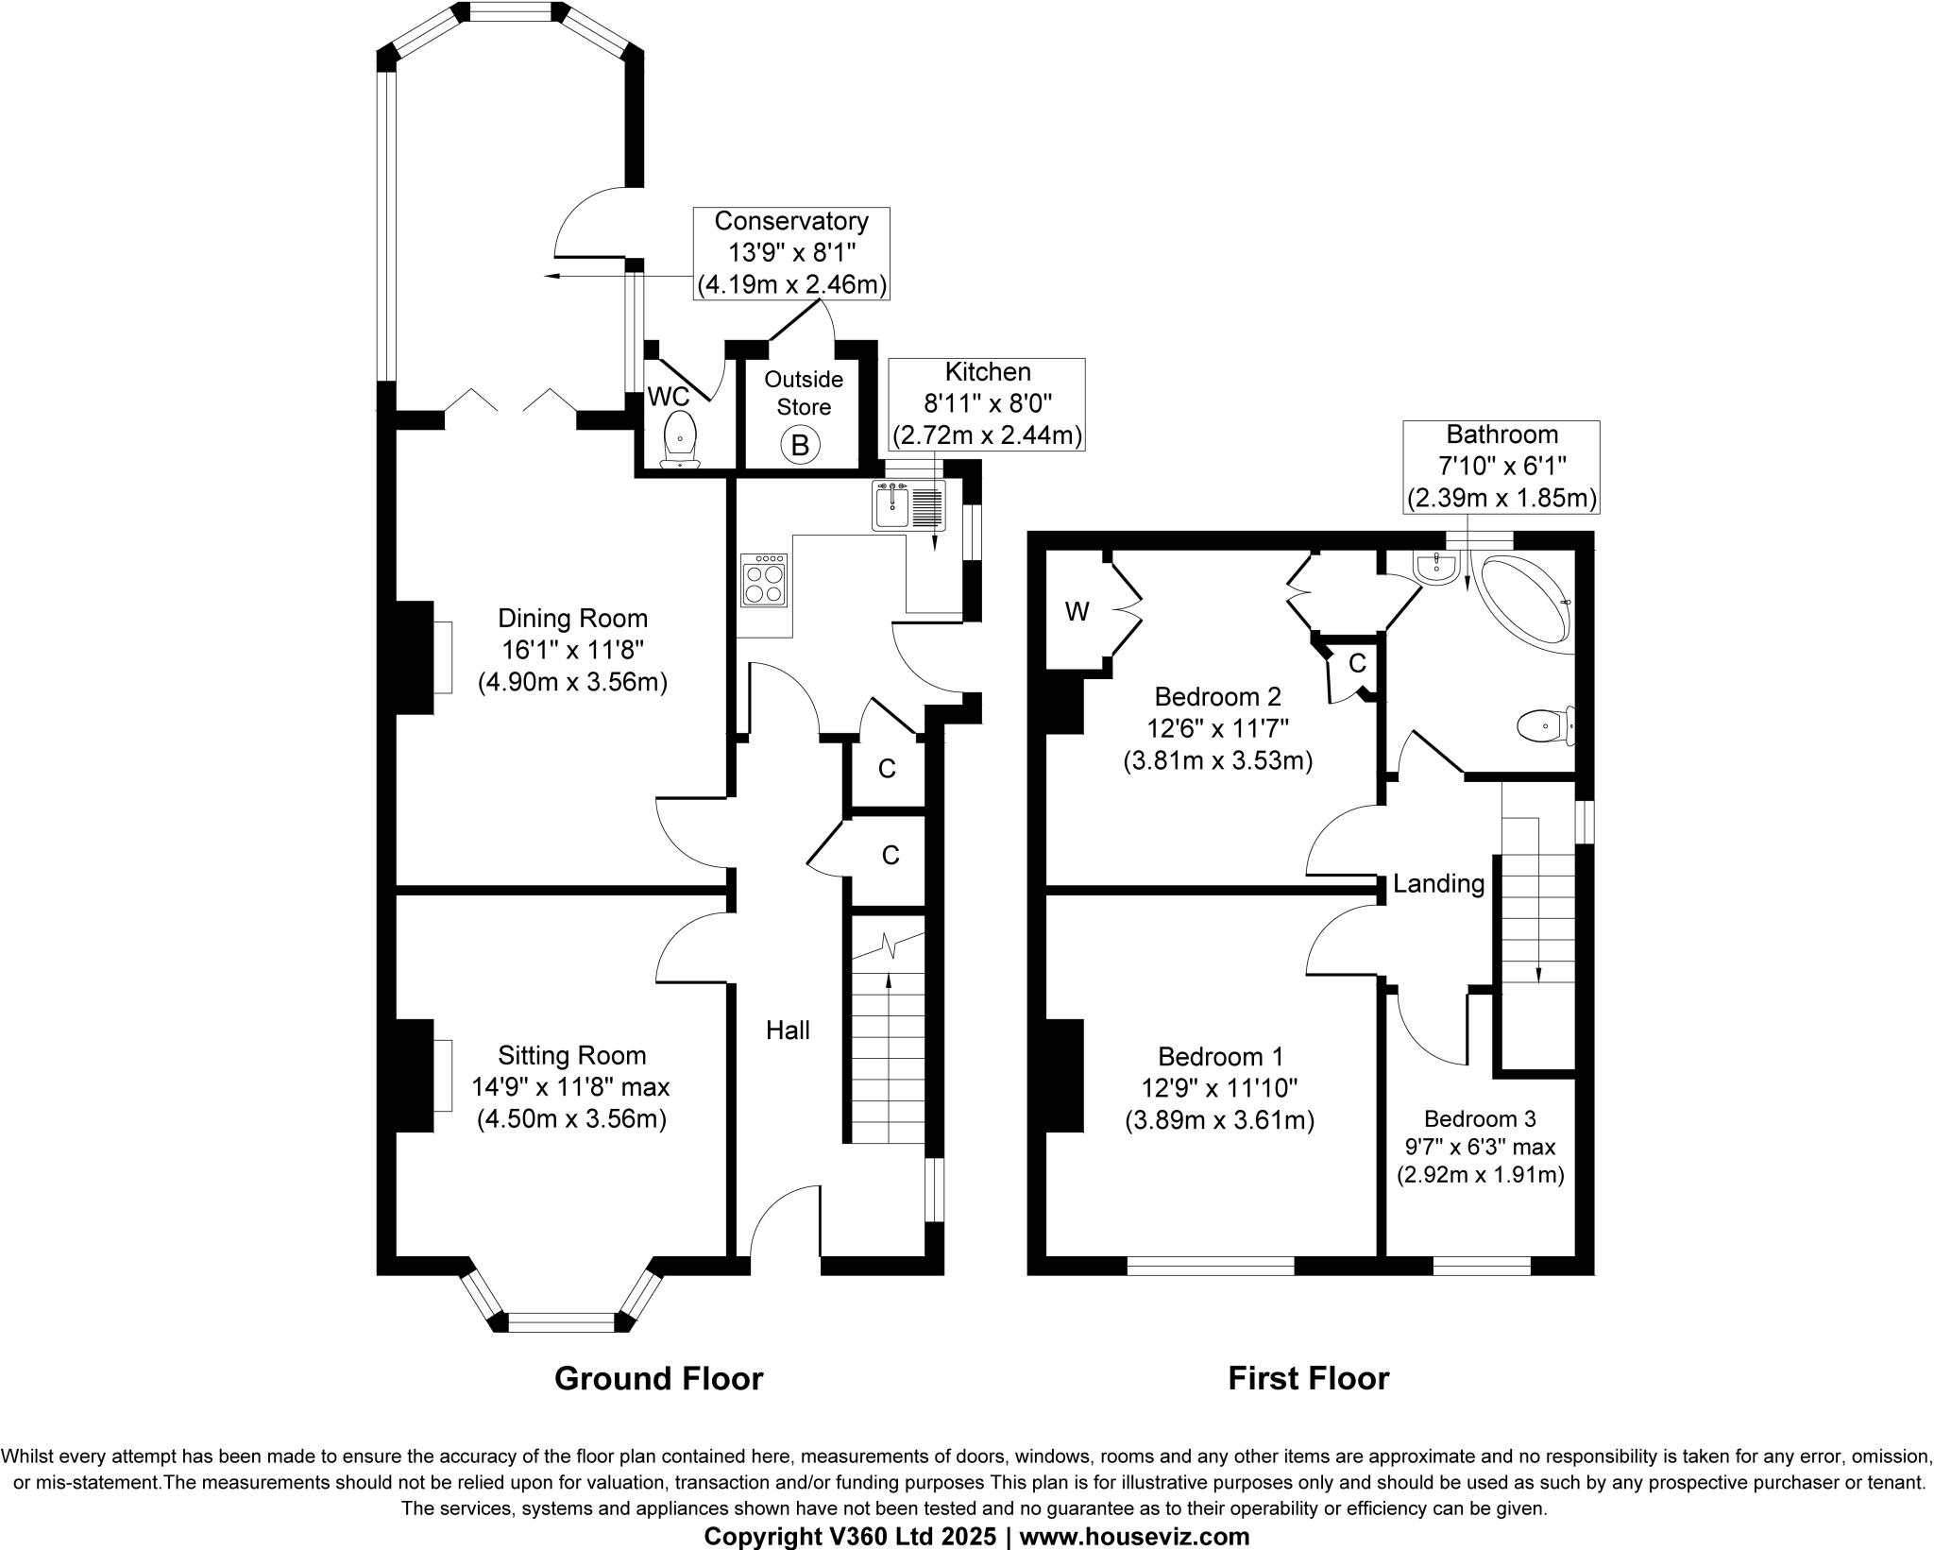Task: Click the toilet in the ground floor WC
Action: [x=681, y=440]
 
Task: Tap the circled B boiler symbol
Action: [x=800, y=444]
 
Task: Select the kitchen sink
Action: [x=892, y=504]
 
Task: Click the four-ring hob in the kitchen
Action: [x=764, y=578]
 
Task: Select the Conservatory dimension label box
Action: [x=791, y=253]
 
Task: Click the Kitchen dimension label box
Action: [x=988, y=403]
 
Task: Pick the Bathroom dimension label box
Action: [x=1501, y=467]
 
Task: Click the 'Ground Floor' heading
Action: [x=658, y=1379]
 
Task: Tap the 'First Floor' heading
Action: [x=1308, y=1379]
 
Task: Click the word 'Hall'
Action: [x=788, y=1030]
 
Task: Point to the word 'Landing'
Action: [x=1438, y=884]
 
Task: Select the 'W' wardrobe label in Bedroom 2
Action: [x=1077, y=612]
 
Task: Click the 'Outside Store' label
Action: [x=804, y=393]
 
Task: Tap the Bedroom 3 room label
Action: [x=1480, y=1119]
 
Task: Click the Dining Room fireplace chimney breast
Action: [x=413, y=657]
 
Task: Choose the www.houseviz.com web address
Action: [x=1134, y=1537]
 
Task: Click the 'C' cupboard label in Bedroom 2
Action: [x=1357, y=664]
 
